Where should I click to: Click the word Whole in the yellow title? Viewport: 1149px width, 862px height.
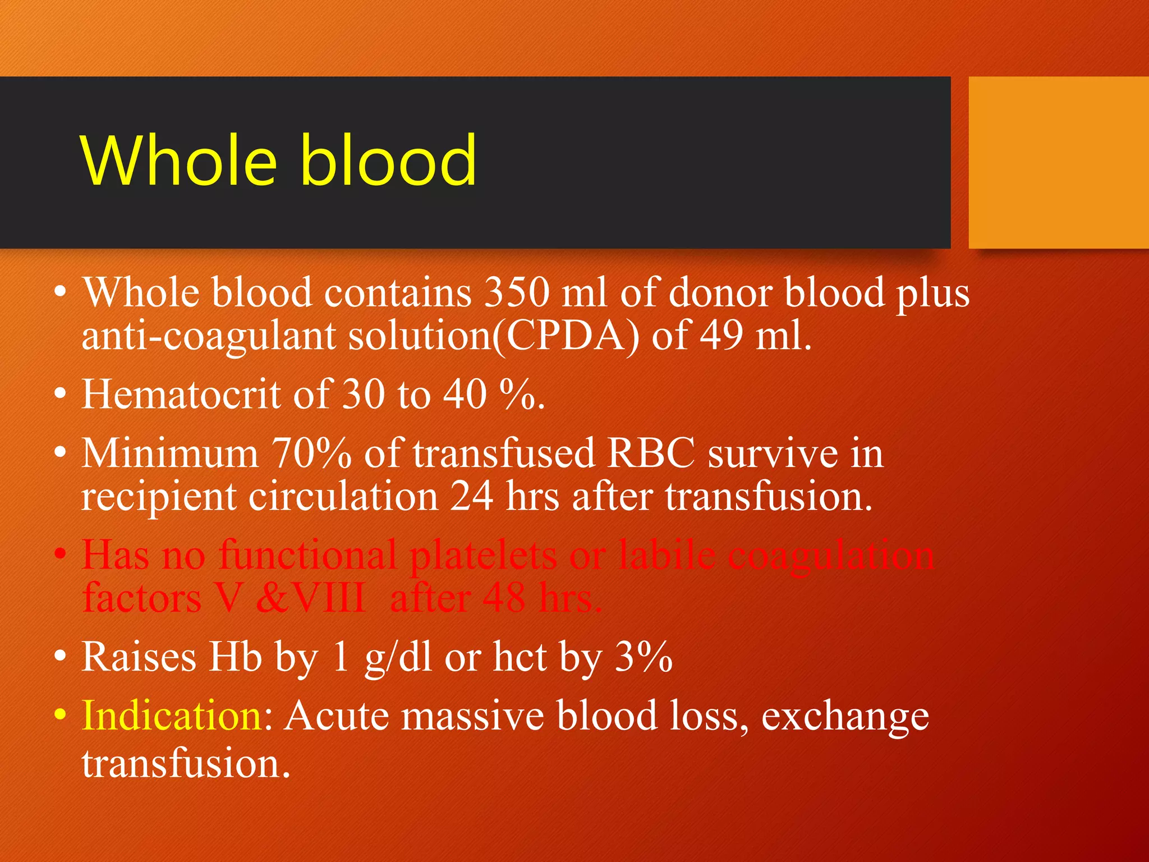178,161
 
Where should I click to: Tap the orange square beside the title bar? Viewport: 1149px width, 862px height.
1058,163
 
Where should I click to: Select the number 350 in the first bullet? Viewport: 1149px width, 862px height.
517,293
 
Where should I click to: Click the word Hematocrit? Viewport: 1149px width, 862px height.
181,395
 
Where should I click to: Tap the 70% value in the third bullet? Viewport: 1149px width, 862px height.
311,453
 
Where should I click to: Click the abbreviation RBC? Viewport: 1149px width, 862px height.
651,453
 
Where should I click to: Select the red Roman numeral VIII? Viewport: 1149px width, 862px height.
329,598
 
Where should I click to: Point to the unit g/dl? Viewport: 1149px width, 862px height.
398,658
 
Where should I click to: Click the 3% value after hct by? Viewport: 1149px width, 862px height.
644,657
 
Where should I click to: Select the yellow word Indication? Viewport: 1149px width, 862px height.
172,716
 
